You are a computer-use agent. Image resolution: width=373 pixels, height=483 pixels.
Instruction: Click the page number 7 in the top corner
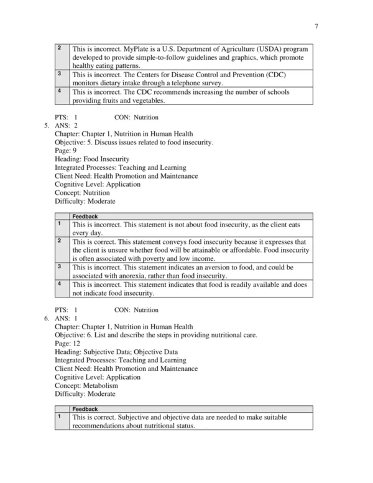(316, 26)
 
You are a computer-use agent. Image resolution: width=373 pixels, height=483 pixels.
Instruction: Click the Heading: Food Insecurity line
(92, 159)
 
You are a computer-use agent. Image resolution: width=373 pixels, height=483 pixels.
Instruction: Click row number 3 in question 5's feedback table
(58, 267)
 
